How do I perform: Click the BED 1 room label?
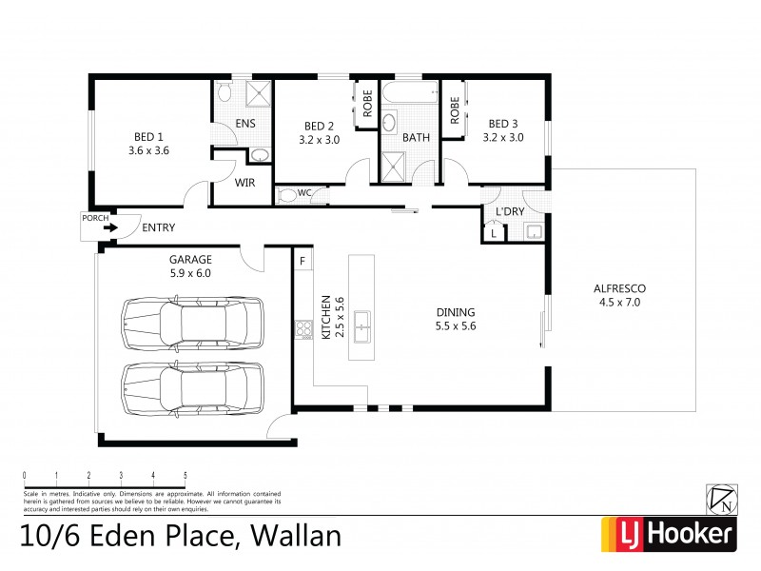pos(147,137)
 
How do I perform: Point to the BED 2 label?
pos(319,126)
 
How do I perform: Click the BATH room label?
pos(416,137)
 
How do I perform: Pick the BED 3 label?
pos(502,124)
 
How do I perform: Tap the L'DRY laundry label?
pos(510,211)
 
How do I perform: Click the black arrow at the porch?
pos(110,227)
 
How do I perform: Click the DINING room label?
pos(455,312)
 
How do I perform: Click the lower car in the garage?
pos(191,386)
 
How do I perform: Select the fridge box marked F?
pos(302,260)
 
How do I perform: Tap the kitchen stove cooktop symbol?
pos(305,330)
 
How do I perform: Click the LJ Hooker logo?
pos(668,535)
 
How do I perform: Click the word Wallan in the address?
pos(295,536)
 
